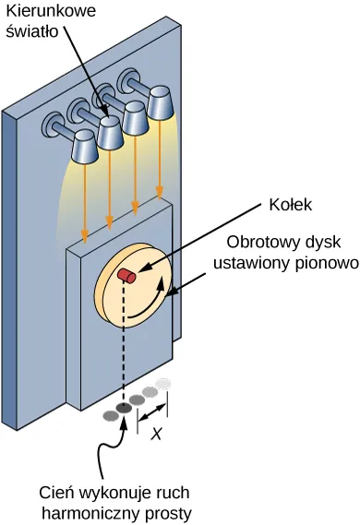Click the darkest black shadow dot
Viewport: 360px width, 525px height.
point(124,410)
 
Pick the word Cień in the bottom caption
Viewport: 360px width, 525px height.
point(57,490)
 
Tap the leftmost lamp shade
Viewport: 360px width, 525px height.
point(85,145)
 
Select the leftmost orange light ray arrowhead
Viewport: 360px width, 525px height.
point(85,233)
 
